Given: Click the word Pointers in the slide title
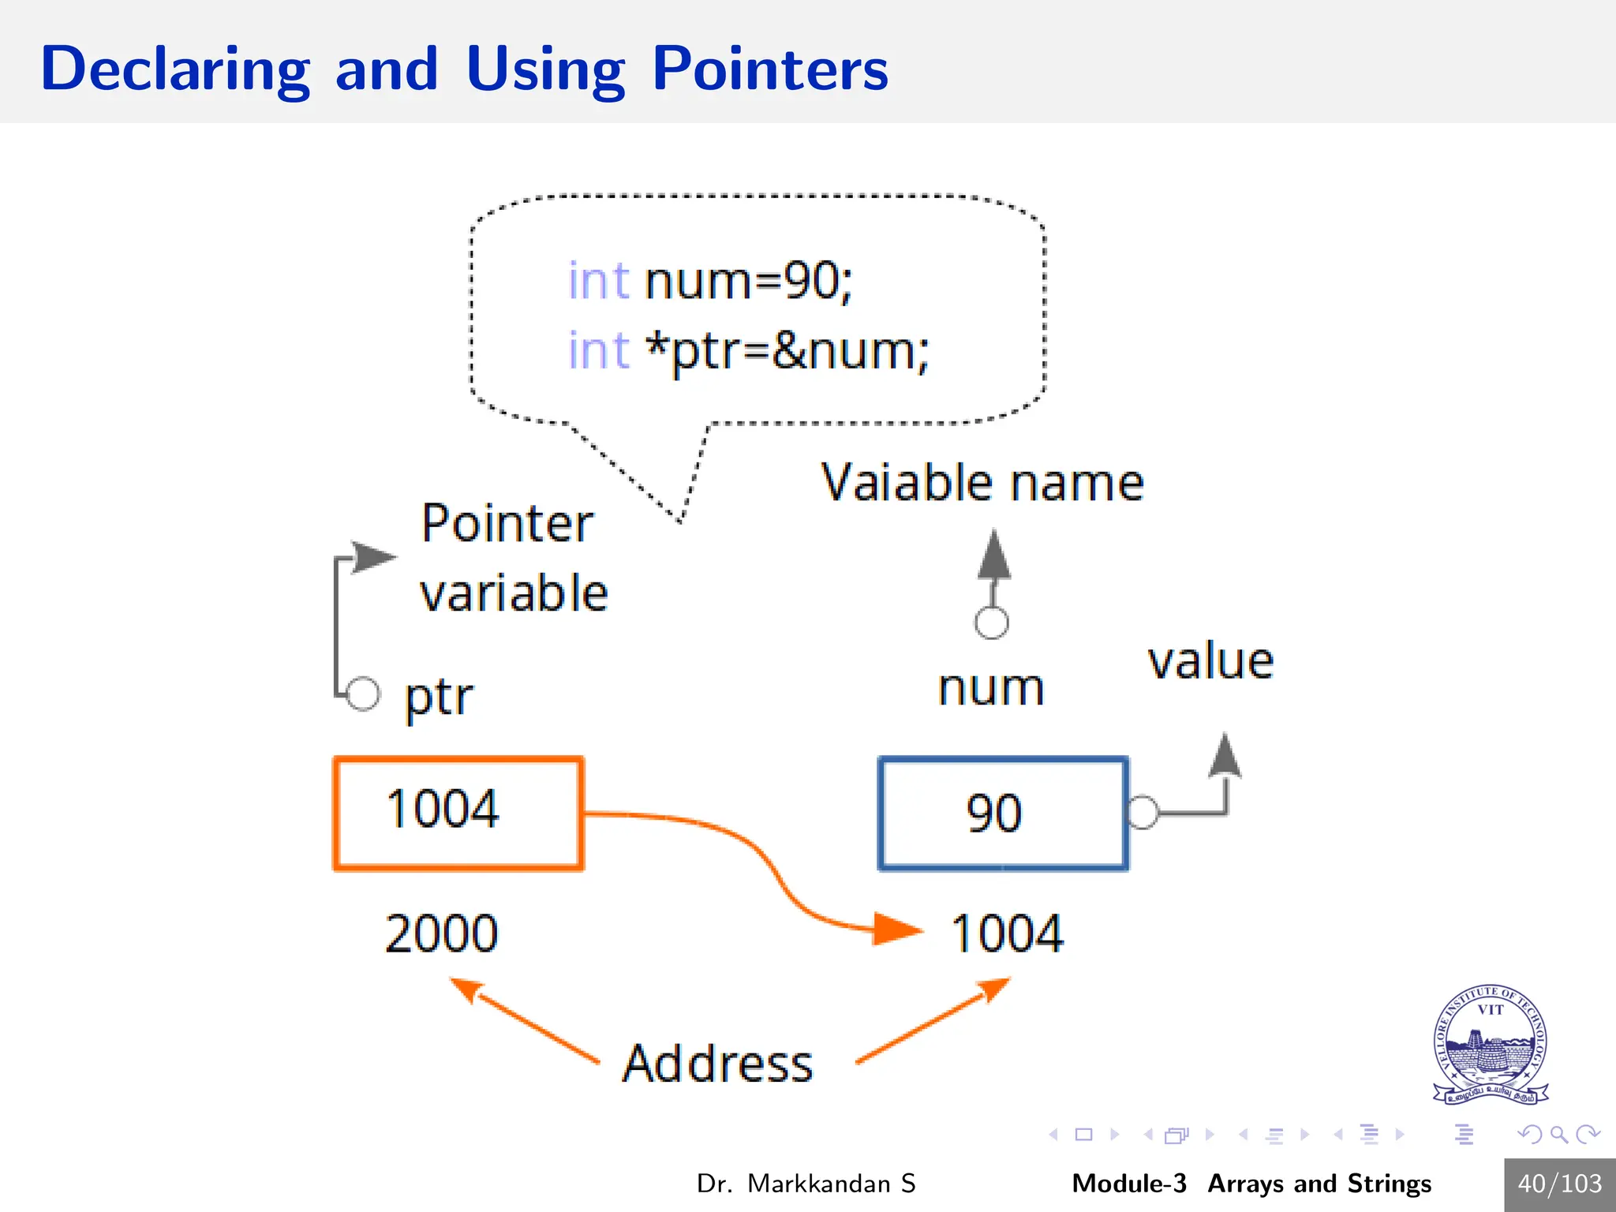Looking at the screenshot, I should [770, 69].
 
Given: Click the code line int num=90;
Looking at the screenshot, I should [710, 281].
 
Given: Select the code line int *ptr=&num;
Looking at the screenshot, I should [748, 350].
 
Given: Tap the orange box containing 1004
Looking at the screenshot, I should [458, 813].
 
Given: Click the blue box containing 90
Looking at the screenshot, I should [1003, 813].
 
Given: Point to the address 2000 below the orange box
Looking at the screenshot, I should [442, 933].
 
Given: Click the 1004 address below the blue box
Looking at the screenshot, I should [1008, 933].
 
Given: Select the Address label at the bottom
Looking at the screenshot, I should [717, 1064].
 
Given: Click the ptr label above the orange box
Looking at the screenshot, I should [439, 698].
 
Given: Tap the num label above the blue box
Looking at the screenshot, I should [991, 688].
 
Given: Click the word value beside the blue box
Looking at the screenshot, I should [1210, 661].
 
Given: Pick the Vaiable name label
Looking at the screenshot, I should [982, 482].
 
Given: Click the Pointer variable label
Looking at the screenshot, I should [513, 557].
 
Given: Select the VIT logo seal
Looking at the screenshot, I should [1490, 1044].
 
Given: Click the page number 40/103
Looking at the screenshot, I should [1560, 1184].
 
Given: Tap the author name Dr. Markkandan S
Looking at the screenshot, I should [806, 1184].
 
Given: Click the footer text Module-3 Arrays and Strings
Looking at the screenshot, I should [1251, 1184].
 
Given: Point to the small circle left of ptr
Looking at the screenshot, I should [363, 694].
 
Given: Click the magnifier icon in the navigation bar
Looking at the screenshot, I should [1558, 1135].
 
